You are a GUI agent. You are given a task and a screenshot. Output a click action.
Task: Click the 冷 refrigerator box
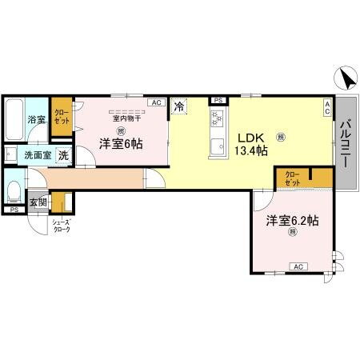[x=179, y=106]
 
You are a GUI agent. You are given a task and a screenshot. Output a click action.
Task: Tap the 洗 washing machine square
[x=62, y=155]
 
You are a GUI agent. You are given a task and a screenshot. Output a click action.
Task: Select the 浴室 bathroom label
[x=37, y=119]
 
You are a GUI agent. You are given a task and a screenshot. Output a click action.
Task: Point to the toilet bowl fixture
[x=14, y=190]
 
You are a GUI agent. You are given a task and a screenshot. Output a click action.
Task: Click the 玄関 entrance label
[x=38, y=202]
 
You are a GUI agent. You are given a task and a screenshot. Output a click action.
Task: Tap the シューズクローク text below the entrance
[x=61, y=226]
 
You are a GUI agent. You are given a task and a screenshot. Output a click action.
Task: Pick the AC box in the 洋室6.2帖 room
[x=297, y=266]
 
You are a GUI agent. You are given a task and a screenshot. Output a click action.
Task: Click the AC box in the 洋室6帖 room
[x=156, y=102]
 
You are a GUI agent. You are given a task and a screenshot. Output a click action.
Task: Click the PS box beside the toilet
[x=14, y=210]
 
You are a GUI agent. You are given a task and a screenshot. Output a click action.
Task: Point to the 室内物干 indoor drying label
[x=126, y=118]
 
